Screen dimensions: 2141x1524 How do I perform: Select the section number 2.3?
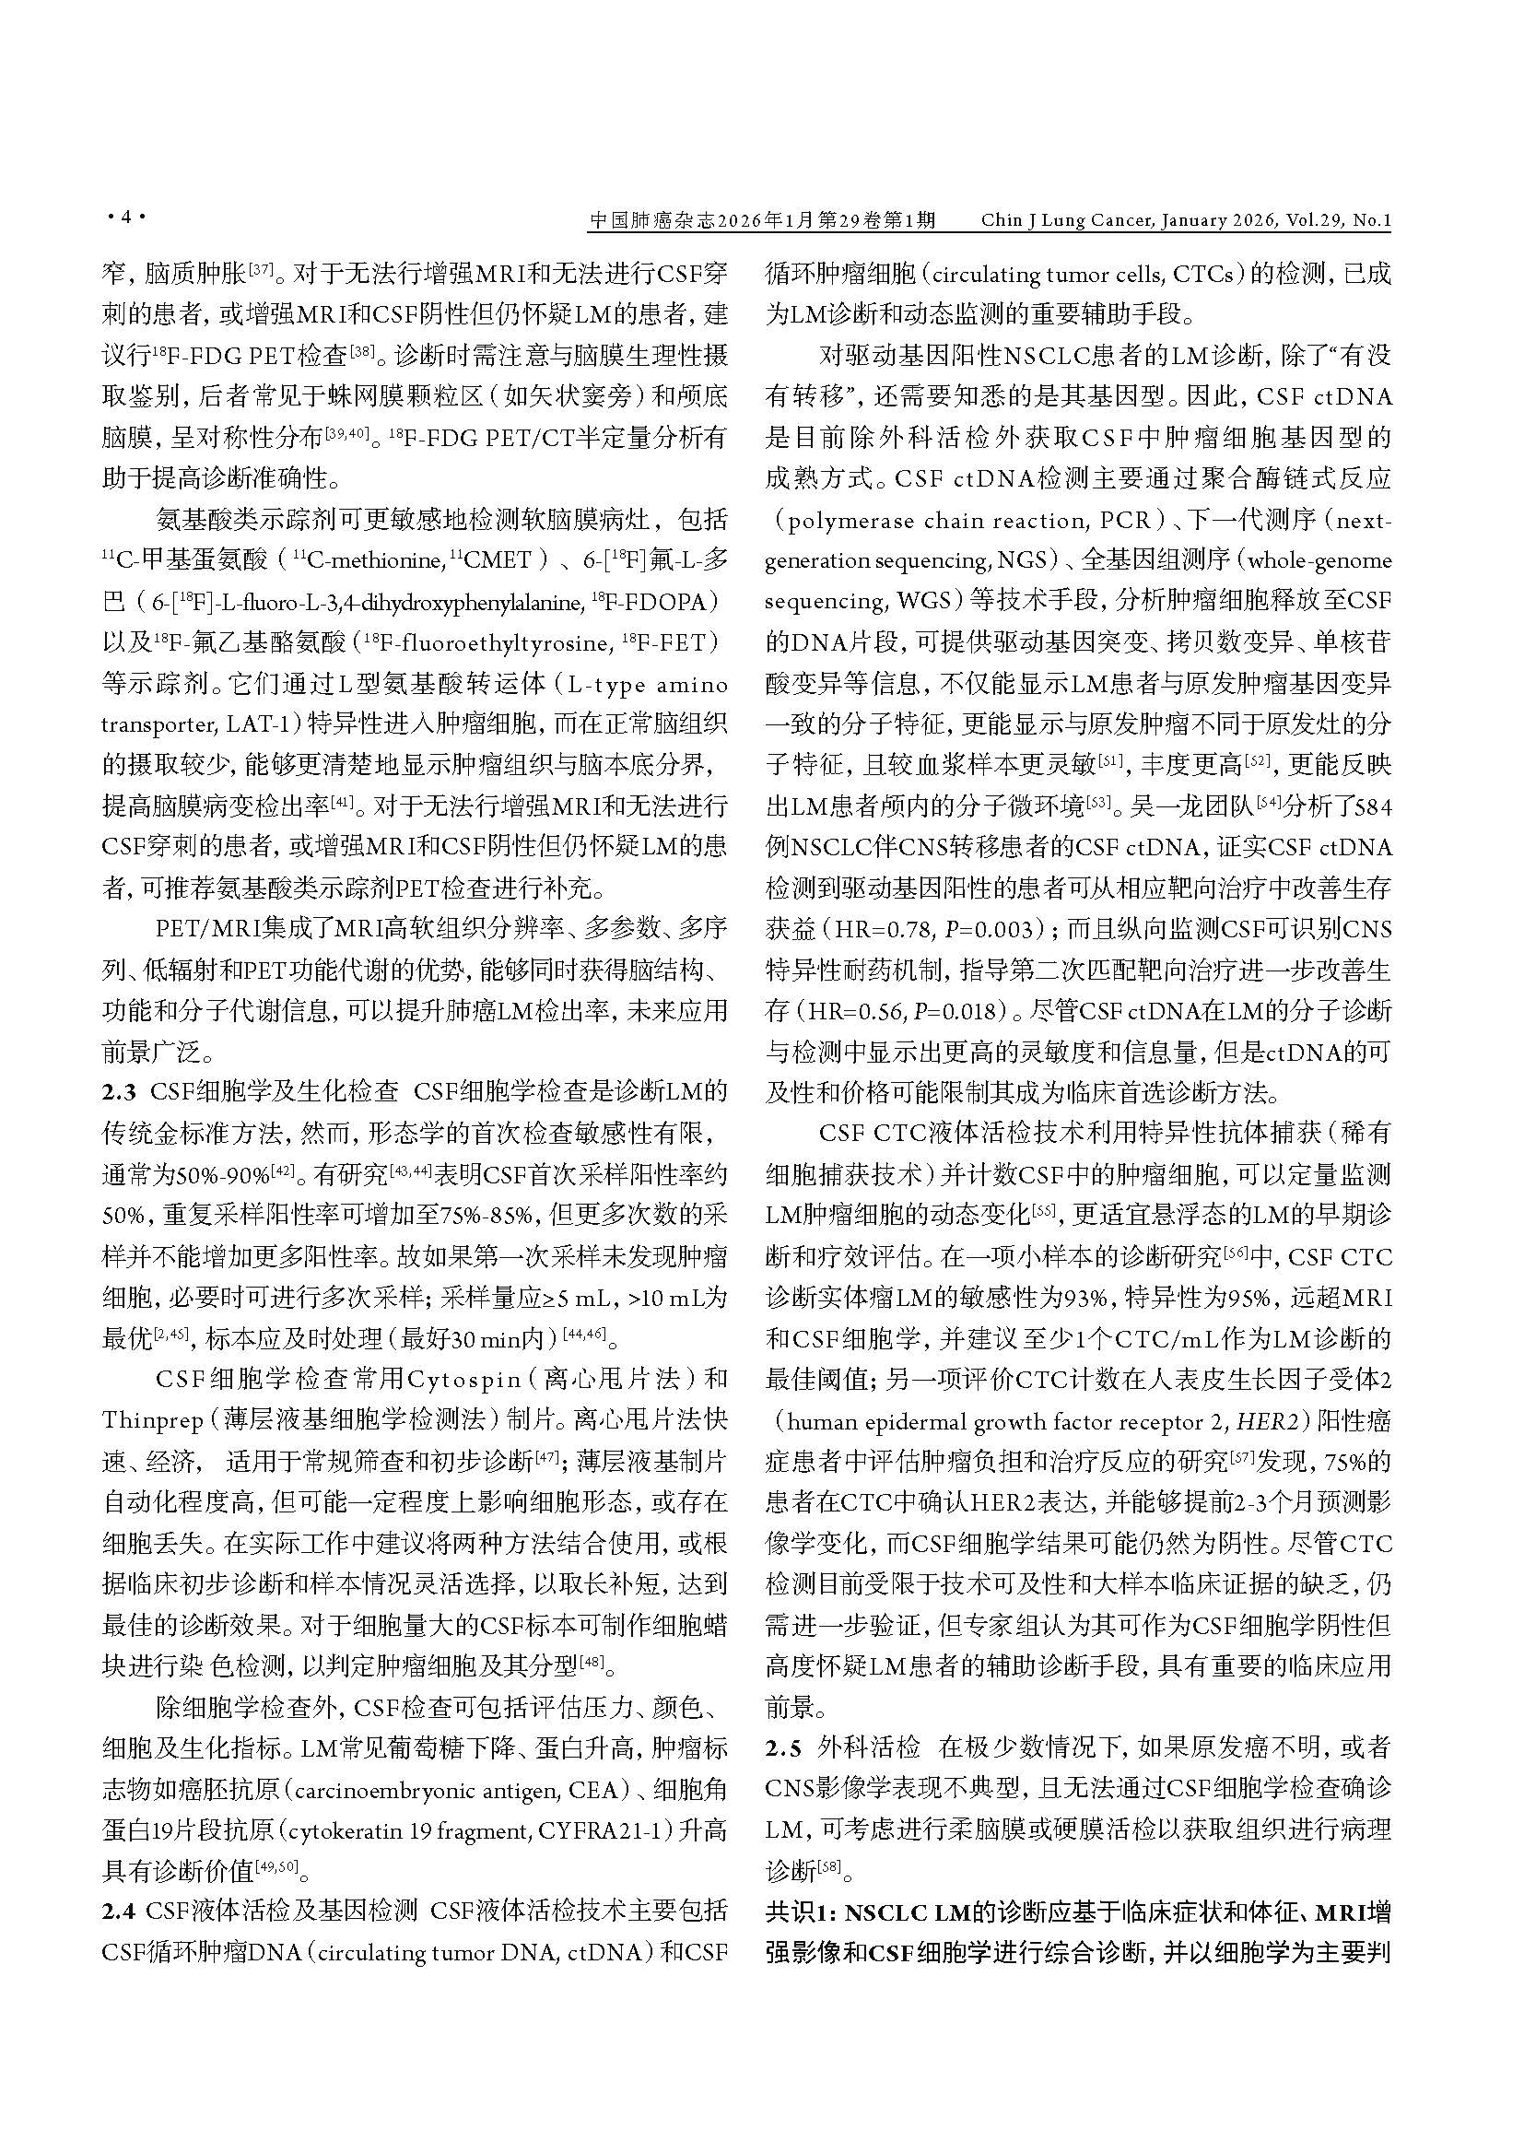119,1091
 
